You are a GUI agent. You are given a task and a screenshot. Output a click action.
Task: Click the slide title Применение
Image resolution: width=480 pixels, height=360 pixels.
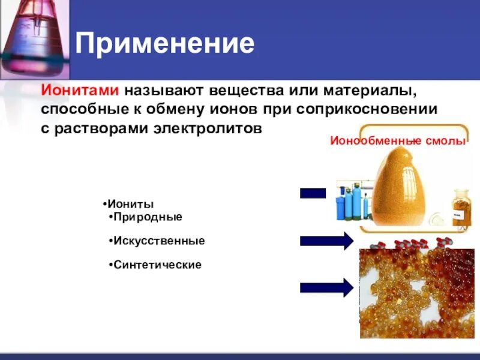click(x=165, y=43)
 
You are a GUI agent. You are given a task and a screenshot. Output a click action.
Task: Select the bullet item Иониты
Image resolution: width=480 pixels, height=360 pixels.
click(x=130, y=204)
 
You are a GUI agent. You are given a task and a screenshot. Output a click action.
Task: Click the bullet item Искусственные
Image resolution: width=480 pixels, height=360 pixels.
click(x=159, y=241)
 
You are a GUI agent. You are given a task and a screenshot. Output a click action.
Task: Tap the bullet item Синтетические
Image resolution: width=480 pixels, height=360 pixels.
click(x=157, y=265)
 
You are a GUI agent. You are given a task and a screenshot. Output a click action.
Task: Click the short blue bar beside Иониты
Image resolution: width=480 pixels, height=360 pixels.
click(x=313, y=193)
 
